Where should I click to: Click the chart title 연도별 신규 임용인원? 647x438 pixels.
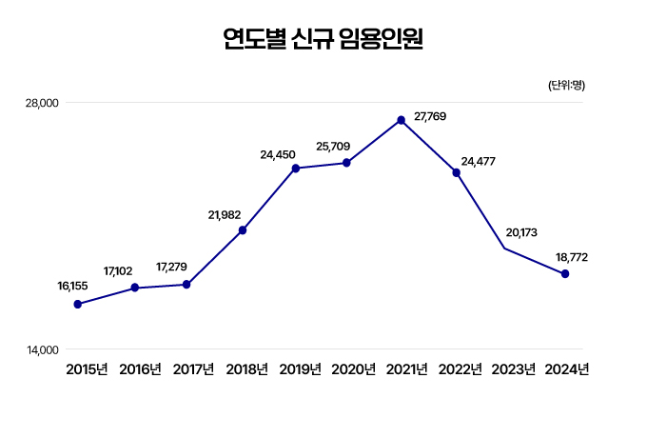point(323,39)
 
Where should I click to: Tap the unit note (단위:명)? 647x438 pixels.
point(566,86)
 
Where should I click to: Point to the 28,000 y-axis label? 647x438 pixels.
point(42,103)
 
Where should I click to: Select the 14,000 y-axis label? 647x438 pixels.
point(42,350)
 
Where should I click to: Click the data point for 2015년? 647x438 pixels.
point(78,305)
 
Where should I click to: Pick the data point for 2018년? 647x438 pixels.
point(243,230)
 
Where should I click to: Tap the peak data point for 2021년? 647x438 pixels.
point(402,120)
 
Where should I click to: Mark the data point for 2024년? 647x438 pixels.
point(565,274)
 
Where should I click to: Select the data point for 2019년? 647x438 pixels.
point(296,169)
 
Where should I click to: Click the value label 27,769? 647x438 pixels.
point(430,116)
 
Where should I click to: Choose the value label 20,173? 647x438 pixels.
point(521,231)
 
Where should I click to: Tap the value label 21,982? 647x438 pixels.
point(225,215)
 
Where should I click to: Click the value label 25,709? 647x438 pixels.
point(333,147)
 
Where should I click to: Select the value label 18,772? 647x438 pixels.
point(574,257)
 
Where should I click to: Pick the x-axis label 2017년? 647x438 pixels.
point(193,369)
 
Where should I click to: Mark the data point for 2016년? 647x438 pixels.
point(135,288)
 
